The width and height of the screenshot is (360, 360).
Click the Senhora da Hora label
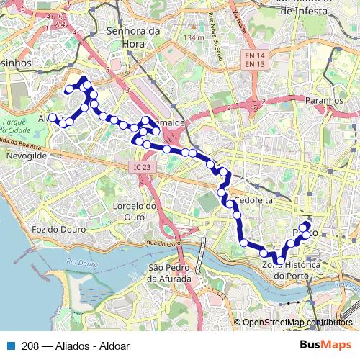[132, 37]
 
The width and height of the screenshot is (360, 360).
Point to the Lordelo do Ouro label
[135, 211]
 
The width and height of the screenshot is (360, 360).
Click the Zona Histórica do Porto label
[290, 271]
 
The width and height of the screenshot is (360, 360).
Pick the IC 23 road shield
[142, 167]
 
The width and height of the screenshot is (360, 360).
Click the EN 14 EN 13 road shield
[252, 60]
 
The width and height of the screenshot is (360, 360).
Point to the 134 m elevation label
[194, 37]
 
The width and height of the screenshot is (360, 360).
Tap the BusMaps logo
[325, 344]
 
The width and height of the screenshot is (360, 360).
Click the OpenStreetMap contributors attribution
[297, 323]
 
